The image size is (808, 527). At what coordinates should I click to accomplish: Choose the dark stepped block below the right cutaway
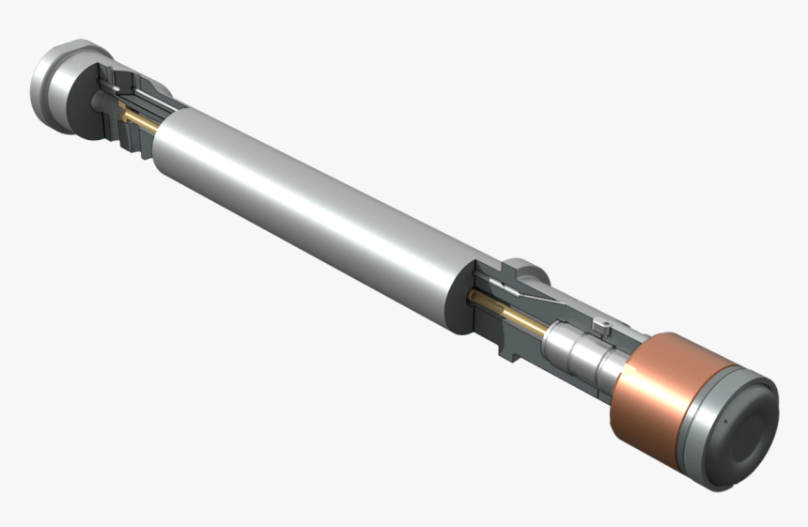(521, 348)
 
